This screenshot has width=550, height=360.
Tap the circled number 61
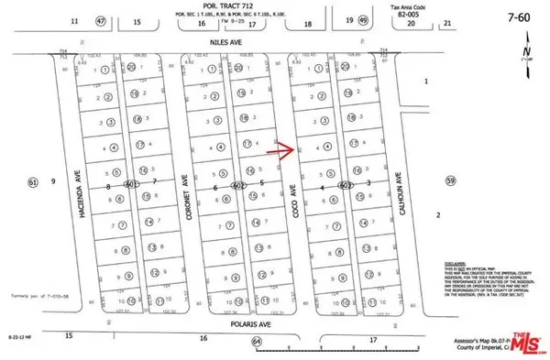(33, 183)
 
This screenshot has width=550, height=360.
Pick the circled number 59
(449, 181)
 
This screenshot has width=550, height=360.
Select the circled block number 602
(239, 186)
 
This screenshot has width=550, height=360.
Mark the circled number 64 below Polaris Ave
(257, 342)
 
